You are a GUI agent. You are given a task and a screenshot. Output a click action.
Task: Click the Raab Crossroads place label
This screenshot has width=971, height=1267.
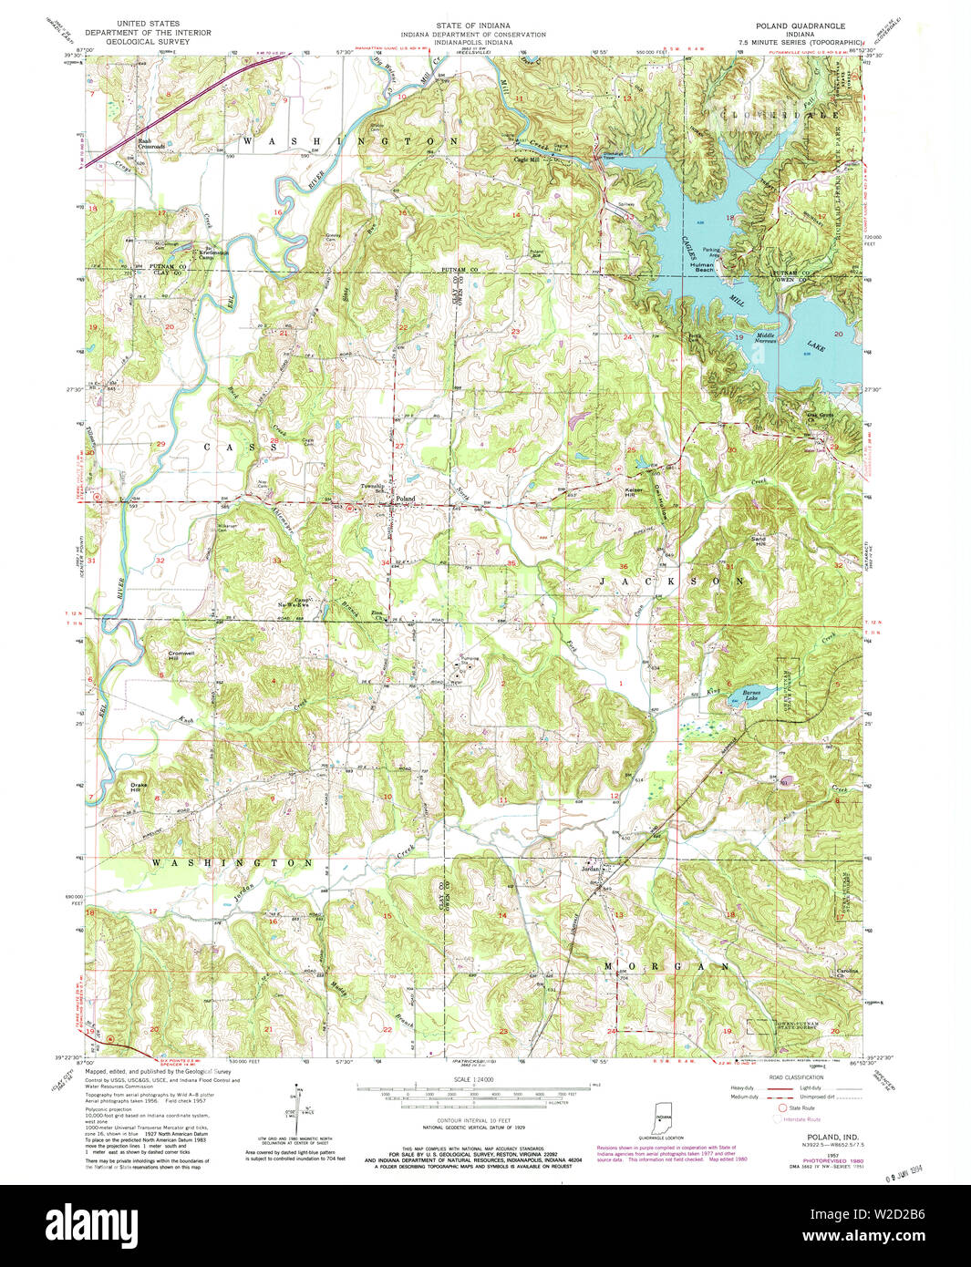(150, 143)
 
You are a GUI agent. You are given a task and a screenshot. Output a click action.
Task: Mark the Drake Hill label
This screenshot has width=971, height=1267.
(139, 786)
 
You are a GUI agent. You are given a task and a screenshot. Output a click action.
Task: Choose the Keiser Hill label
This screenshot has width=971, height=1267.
(634, 491)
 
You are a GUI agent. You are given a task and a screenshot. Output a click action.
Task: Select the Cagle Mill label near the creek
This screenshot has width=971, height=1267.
(527, 160)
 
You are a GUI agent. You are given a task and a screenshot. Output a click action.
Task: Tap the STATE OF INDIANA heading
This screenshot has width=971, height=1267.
(472, 26)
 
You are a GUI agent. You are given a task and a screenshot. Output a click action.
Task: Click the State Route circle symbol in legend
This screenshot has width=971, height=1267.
(780, 1108)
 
